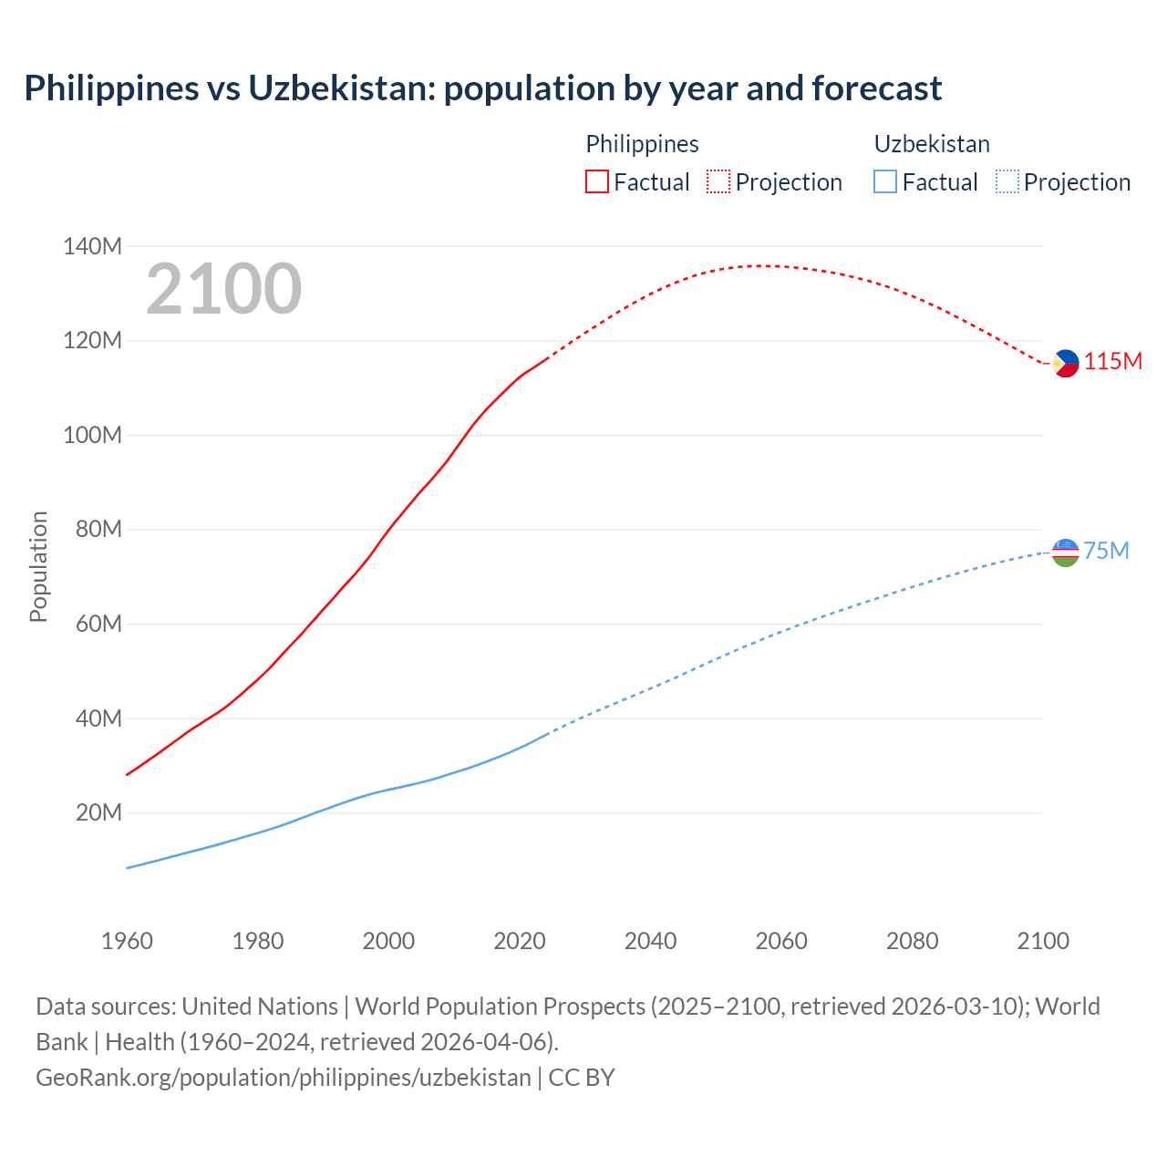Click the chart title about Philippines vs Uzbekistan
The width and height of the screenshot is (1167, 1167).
tap(482, 88)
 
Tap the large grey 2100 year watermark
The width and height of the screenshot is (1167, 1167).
tap(223, 289)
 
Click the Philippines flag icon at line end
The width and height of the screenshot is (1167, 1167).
tap(1065, 363)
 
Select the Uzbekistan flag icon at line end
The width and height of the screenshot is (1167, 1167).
tap(1065, 552)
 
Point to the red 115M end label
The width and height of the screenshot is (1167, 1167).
tap(1113, 362)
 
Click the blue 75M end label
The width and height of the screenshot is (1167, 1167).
tap(1106, 551)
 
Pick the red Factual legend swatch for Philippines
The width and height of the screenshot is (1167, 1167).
tap(596, 181)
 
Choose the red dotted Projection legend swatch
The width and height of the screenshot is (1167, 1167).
tap(718, 181)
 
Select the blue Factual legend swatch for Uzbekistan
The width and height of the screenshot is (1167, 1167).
tap(885, 181)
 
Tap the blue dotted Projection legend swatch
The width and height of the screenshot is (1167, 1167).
tap(1007, 181)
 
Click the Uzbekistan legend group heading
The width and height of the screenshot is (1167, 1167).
tap(931, 144)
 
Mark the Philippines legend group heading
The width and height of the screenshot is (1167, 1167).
tap(642, 144)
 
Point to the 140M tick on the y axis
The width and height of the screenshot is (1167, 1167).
tap(92, 246)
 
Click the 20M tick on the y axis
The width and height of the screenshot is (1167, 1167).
tap(98, 812)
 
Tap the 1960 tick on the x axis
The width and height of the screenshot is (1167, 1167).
tap(127, 941)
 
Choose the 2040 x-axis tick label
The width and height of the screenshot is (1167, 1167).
tap(650, 941)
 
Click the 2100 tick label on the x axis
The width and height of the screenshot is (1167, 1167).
tap(1043, 941)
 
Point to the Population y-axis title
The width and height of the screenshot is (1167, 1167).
tap(38, 566)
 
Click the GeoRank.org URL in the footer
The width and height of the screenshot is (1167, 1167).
tap(283, 1078)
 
